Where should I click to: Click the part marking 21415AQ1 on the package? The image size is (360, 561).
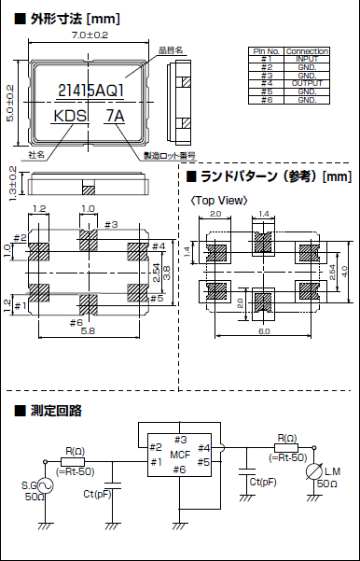(x=90, y=91)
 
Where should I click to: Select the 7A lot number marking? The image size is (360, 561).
(x=116, y=117)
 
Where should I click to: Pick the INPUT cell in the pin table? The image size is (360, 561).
(x=307, y=58)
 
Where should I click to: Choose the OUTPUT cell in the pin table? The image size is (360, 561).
(x=307, y=83)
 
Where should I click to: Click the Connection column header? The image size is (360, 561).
(x=307, y=50)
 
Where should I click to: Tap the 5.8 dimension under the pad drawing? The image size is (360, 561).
(x=88, y=331)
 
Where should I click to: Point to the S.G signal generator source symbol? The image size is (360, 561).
(x=44, y=472)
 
